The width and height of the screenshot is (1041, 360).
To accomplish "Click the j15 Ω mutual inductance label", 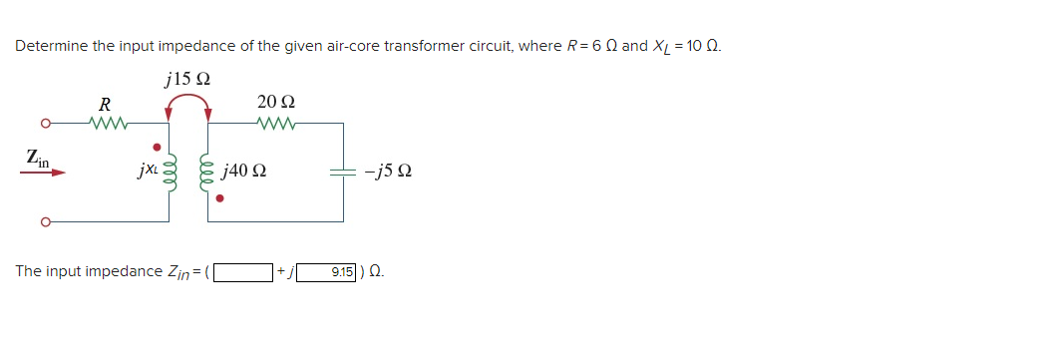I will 189,79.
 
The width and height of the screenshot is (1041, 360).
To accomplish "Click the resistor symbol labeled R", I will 105,125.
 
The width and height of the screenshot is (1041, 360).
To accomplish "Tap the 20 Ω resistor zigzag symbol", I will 275,125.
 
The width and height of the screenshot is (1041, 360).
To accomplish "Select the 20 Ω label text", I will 275,102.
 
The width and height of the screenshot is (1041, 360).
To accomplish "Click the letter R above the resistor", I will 105,104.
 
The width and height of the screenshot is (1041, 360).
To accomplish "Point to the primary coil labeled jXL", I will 168,172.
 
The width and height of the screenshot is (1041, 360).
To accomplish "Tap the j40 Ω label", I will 244,172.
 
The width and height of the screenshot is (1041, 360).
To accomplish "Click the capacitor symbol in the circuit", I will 344,172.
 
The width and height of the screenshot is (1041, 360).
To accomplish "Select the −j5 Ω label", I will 390,172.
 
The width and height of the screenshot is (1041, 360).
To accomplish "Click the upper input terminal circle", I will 44,125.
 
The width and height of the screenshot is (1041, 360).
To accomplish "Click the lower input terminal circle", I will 44,220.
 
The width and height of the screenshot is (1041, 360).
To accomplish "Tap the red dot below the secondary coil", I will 220,198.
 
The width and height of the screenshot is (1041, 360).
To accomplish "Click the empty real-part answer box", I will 243,271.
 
